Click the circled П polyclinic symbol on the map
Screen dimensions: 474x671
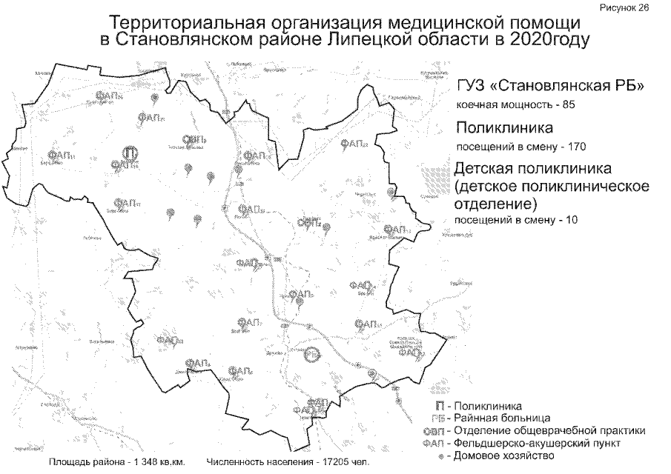point(130,153)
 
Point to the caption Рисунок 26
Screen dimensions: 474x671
point(639,7)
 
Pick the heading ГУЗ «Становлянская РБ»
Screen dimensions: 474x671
point(548,87)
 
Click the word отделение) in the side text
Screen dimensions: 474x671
point(495,202)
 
